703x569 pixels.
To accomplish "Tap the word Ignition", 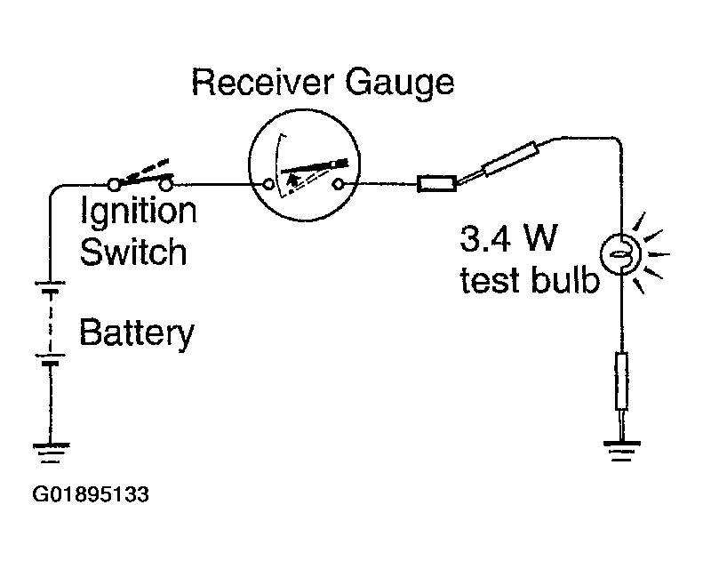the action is pyautogui.click(x=139, y=212).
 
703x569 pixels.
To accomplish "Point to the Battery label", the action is pyautogui.click(x=137, y=333).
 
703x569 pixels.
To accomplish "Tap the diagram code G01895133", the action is pyautogui.click(x=91, y=494).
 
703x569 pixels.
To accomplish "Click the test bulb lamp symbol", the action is pyautogui.click(x=621, y=254).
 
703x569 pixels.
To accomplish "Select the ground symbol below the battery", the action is pyautogui.click(x=51, y=453).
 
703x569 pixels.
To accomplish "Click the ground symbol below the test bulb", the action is pyautogui.click(x=622, y=451).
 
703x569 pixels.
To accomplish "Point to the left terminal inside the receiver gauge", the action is pyautogui.click(x=268, y=184).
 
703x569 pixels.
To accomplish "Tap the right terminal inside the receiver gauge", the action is pyautogui.click(x=338, y=184).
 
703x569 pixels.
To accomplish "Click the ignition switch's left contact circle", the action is pyautogui.click(x=115, y=184).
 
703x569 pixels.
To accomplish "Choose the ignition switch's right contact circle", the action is pyautogui.click(x=166, y=184).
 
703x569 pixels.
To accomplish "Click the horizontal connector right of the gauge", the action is pyautogui.click(x=437, y=184).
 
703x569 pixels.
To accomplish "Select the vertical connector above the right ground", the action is pyautogui.click(x=621, y=381).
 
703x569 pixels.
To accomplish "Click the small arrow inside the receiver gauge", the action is pyautogui.click(x=293, y=180).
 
